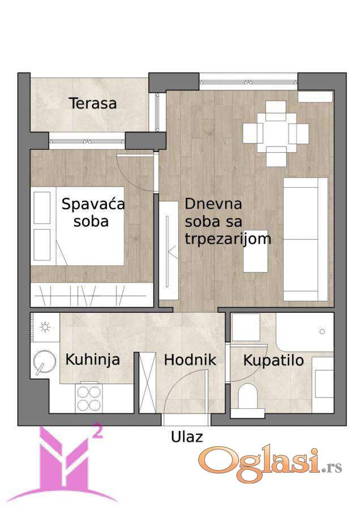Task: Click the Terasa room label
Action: coord(93,103)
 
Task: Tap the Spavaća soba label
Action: coord(93,213)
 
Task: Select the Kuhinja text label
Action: coord(93,360)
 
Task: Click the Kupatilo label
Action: coord(273,361)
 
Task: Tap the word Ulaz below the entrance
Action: coord(187,437)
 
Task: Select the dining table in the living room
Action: coord(276,133)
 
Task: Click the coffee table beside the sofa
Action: coord(256,251)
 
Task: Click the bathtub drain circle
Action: coord(322,331)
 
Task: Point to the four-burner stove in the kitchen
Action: coord(89,398)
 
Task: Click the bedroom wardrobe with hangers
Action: coord(92,295)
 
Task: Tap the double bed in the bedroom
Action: coord(78,226)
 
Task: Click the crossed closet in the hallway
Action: coord(148,383)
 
